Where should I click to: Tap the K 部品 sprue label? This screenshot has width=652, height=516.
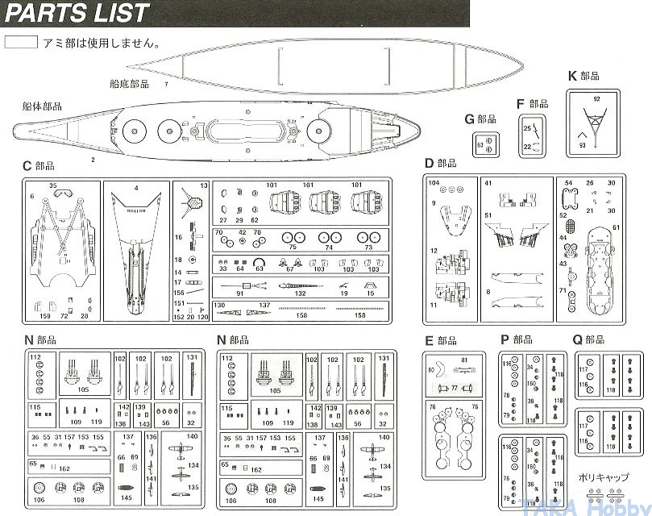pos(583,76)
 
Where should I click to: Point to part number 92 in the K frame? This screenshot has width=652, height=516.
pos(596,98)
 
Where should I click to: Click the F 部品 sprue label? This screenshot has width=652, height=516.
pos(532,104)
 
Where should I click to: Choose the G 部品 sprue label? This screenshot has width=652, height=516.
pos(480,119)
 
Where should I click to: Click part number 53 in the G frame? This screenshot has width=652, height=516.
pos(480,145)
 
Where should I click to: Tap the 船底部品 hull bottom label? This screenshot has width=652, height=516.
pos(129,82)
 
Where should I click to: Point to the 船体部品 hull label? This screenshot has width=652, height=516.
pos(42,106)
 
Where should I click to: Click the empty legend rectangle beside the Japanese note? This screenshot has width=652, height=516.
pos(21,42)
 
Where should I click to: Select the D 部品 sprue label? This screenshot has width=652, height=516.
pos(440,164)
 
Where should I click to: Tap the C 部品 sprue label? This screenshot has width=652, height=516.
pos(39,166)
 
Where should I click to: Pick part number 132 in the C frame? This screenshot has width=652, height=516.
pos(300,294)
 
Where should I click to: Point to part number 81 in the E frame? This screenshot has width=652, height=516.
pos(464,360)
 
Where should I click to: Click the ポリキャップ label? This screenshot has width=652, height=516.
pos(604,477)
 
